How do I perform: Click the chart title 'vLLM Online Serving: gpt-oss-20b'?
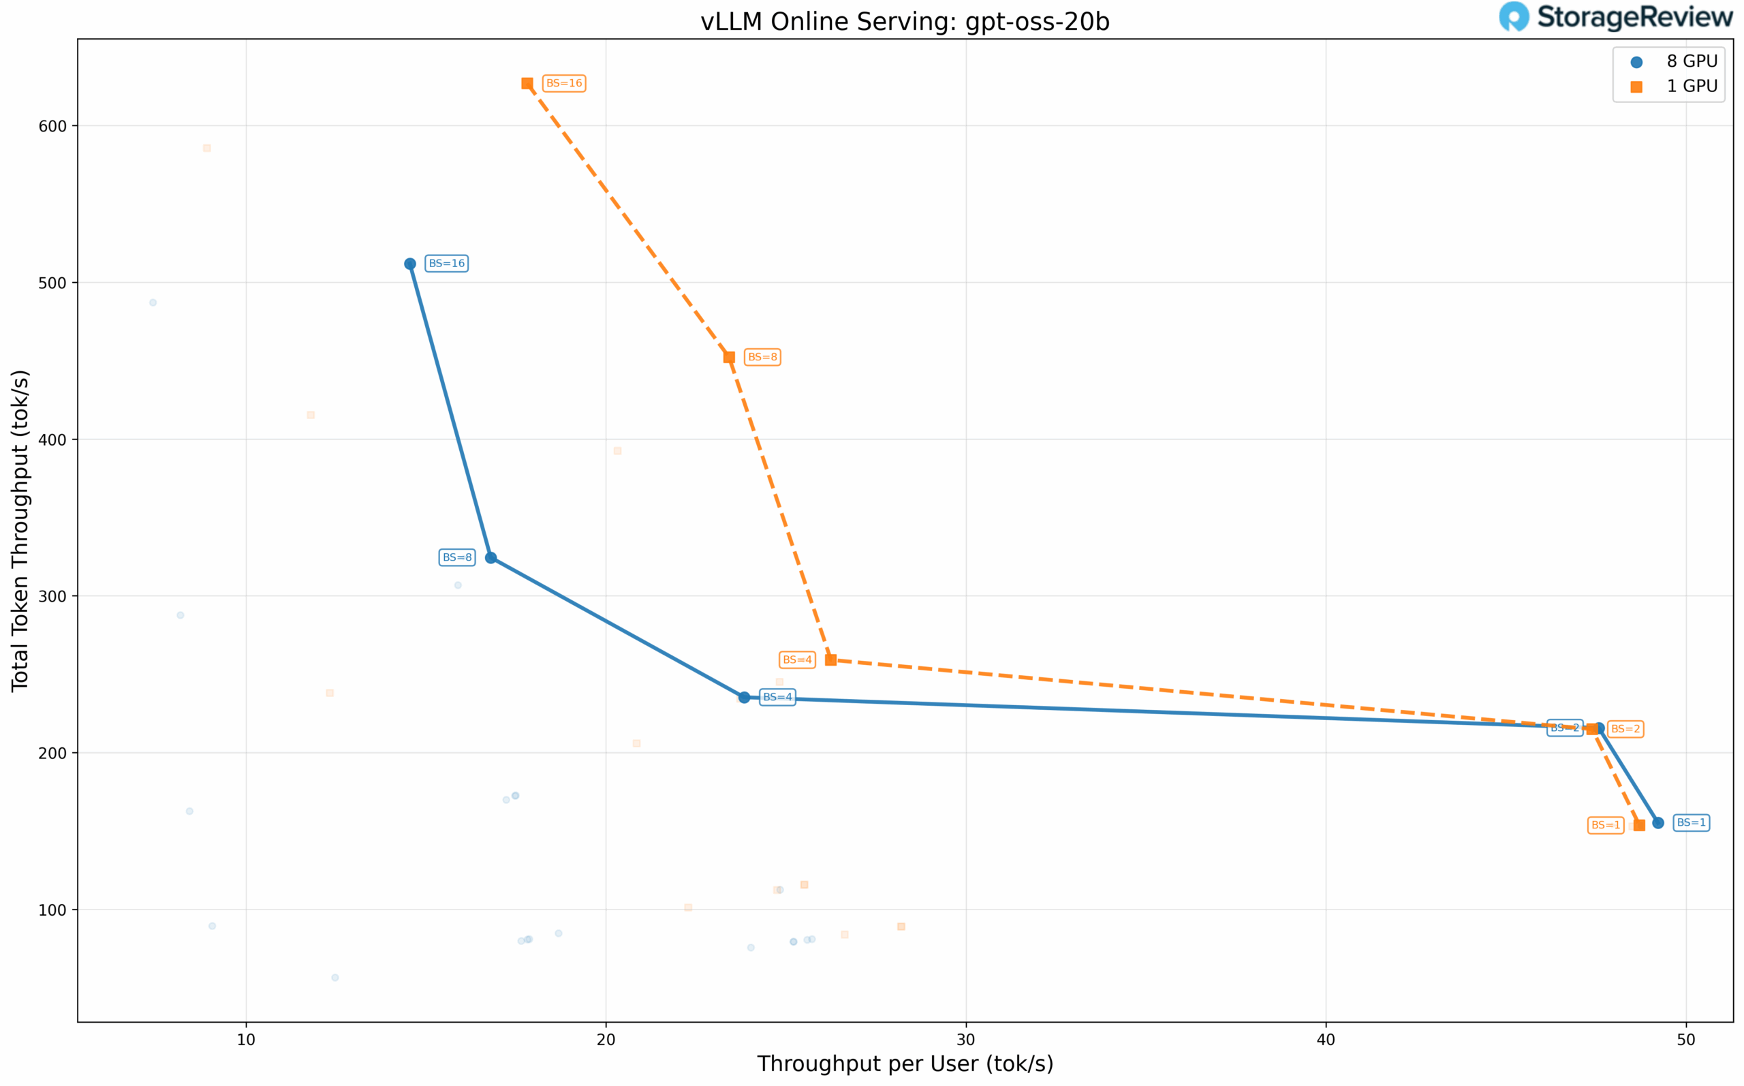(905, 22)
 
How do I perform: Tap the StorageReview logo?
(1615, 16)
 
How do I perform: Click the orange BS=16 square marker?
(527, 84)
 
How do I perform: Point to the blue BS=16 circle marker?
(410, 264)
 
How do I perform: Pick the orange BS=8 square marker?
(729, 358)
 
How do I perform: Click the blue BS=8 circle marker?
(491, 558)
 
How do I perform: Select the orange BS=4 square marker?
(830, 660)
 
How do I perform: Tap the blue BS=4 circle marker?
(745, 698)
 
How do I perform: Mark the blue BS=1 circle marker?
(1658, 823)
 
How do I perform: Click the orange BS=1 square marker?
(1639, 825)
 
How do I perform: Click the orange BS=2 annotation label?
(1625, 729)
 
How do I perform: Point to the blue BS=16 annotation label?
(447, 264)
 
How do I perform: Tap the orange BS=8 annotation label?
(762, 357)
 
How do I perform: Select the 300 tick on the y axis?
(52, 597)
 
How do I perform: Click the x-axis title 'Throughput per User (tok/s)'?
(905, 1064)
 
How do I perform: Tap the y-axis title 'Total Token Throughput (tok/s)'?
(20, 531)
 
